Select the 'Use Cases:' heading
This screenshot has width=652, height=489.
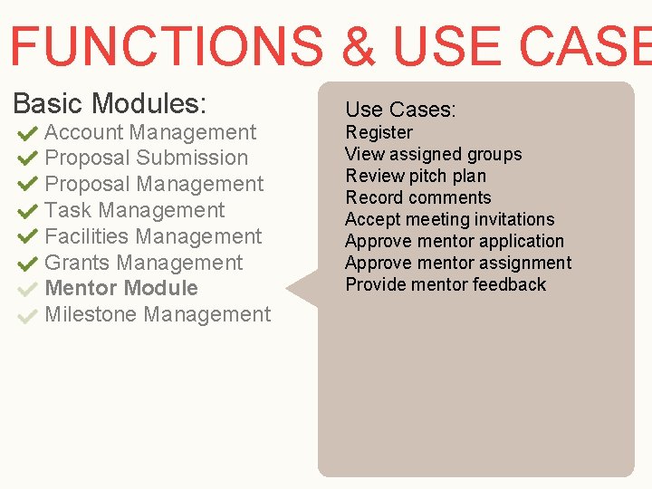coord(400,110)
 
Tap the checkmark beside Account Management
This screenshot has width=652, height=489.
coord(26,133)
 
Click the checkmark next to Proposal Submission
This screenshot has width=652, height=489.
coord(26,158)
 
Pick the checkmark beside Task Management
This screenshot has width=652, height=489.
coord(26,211)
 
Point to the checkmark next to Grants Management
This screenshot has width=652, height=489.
coord(26,264)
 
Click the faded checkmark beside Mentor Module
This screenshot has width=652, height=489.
coord(26,290)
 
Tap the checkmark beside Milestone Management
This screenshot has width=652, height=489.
coord(26,316)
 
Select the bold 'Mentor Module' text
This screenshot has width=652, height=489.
coord(120,289)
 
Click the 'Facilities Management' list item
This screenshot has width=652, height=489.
coord(152,236)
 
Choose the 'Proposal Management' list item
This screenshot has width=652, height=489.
coord(153,184)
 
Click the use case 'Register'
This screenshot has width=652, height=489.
coord(379,132)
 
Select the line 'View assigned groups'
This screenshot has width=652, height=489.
coord(433,154)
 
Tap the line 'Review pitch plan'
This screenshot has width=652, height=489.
coord(416,176)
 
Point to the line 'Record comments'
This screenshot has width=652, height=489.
coord(417,197)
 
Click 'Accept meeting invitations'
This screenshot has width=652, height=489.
coord(449,219)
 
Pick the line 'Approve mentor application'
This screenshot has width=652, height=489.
coord(454,241)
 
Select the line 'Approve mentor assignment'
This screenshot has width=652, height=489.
coord(458,263)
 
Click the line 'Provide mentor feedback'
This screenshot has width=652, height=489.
coord(446,284)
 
